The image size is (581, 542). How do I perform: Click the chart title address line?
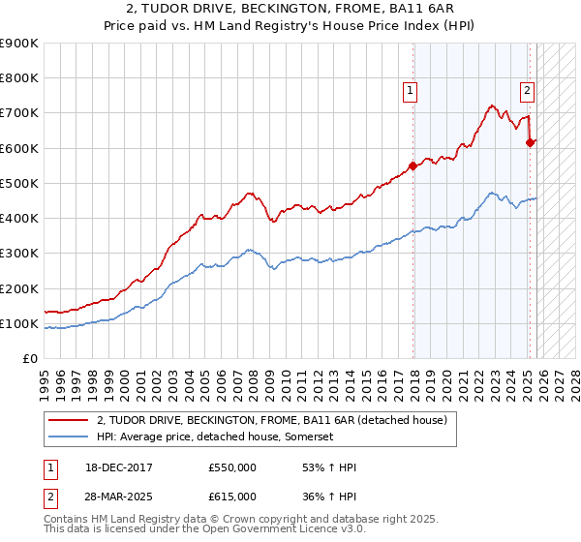tap(290, 10)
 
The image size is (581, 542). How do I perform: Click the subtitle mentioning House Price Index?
tap(290, 26)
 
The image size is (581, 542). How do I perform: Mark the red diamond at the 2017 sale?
tap(413, 166)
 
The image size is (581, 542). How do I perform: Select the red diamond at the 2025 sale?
tap(530, 142)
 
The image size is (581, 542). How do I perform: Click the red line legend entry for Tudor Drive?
tap(271, 420)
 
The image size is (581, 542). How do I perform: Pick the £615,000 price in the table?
tap(232, 496)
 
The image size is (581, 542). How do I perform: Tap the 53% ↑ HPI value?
tap(330, 468)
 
